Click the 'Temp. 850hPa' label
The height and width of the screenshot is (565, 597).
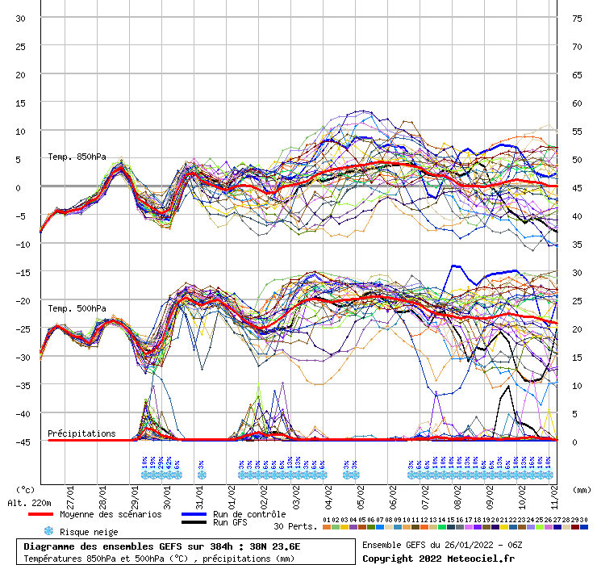(77, 157)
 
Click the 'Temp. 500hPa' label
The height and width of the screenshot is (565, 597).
(77, 308)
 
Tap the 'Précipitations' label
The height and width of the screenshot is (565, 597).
(81, 433)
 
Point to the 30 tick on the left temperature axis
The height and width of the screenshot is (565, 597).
(21, 18)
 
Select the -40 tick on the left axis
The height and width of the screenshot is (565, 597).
(19, 413)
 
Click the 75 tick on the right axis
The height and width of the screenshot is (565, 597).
(577, 18)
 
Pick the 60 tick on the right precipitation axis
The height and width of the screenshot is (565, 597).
(577, 103)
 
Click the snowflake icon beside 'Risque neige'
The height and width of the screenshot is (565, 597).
(48, 531)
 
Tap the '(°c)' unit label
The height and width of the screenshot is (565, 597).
(26, 489)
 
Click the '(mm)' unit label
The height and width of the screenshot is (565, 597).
(582, 489)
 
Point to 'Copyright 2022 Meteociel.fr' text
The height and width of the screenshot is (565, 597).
(438, 558)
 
